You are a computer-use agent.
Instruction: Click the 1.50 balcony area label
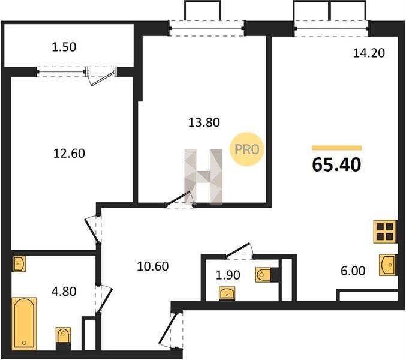tap(64, 47)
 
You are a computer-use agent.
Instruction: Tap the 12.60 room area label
tap(69, 154)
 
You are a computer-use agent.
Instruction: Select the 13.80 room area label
tap(204, 122)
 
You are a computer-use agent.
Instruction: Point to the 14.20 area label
tap(369, 53)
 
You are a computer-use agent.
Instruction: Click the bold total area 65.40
tap(336, 165)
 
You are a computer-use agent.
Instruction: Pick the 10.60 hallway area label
tap(153, 266)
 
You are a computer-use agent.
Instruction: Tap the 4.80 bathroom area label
tap(64, 292)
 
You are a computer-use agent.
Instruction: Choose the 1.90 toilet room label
tap(228, 275)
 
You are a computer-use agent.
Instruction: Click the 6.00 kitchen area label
tap(353, 271)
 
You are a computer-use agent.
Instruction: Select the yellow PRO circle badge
tap(246, 149)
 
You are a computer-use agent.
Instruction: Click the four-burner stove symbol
tap(385, 232)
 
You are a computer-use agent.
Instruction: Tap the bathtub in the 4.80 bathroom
tap(24, 323)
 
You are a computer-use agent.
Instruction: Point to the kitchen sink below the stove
tap(388, 265)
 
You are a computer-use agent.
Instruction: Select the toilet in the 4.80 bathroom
tap(63, 338)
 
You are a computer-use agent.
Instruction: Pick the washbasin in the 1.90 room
tap(227, 293)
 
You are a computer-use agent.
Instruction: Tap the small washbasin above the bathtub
tap(19, 263)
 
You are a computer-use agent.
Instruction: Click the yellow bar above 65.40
tap(336, 148)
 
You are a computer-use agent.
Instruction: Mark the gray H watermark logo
tap(203, 177)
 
